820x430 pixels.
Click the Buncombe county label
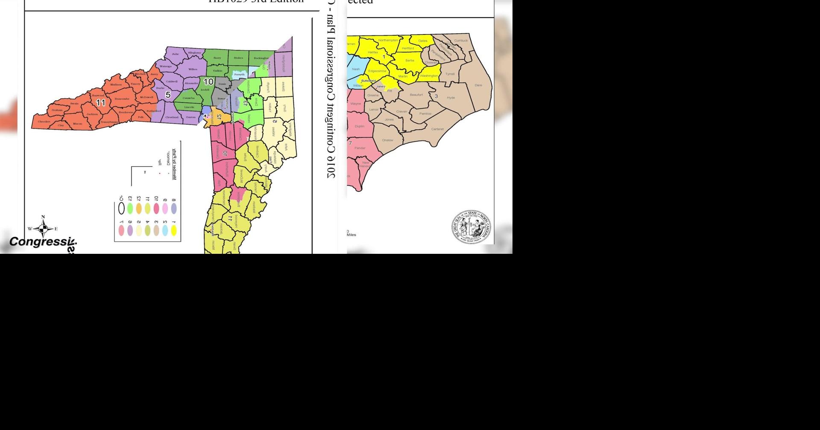click(122, 99)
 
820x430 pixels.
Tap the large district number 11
click(100, 103)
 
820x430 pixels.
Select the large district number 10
click(208, 82)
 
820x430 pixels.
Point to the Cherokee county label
click(44, 122)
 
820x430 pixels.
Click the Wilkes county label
click(193, 69)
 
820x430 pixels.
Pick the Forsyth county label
click(239, 75)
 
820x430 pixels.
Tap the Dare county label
click(478, 85)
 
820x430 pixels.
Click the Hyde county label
click(451, 98)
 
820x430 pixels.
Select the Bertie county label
click(410, 61)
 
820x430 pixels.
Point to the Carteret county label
click(437, 129)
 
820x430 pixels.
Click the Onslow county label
click(387, 140)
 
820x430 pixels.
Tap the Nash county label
click(356, 69)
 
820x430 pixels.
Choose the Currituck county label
click(461, 41)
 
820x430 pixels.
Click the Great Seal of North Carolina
click(471, 227)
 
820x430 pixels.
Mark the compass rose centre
click(43, 229)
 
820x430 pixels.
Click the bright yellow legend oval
click(174, 230)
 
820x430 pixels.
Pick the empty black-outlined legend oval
click(121, 209)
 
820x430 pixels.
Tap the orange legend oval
click(139, 209)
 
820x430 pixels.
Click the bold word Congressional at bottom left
click(42, 242)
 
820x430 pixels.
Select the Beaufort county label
click(416, 95)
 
